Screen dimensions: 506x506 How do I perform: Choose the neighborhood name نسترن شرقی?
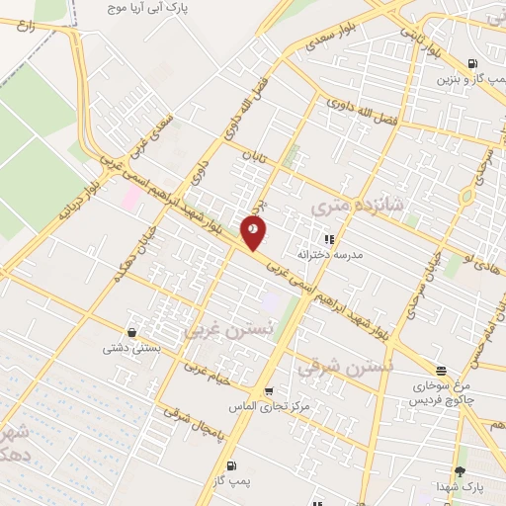tap(345, 368)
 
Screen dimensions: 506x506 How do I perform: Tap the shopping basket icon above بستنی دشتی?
tap(131, 332)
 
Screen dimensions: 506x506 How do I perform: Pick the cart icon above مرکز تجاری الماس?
tap(269, 390)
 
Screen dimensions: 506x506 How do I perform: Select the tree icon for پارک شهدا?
tap(460, 470)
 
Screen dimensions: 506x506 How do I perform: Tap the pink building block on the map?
tap(130, 196)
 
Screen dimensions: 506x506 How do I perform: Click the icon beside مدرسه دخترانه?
tap(329, 238)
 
